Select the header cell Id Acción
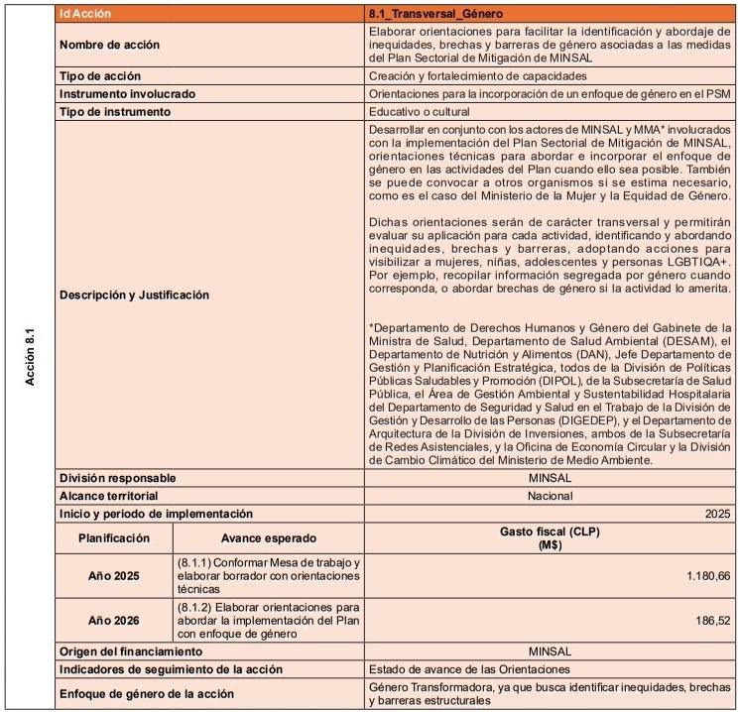coord(85,14)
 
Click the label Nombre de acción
coord(109,45)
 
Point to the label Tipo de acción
coord(99,75)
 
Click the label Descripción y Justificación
coord(134,295)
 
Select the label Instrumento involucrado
coord(127,93)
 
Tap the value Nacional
coord(550,495)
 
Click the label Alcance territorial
coord(109,495)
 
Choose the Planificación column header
coord(114,537)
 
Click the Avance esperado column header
coord(268,537)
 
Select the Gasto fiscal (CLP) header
coord(549,537)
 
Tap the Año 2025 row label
coord(114,575)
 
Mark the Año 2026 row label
coord(114,620)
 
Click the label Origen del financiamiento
coord(131,652)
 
